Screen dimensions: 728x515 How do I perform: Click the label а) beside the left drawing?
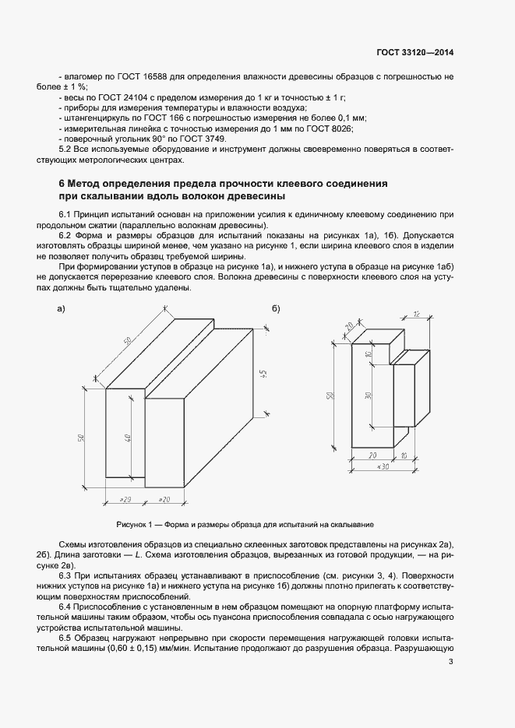[61, 309]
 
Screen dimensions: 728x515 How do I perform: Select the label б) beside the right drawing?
[275, 309]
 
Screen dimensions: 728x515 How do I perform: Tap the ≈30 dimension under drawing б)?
[383, 466]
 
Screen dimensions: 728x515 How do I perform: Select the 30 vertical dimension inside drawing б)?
[368, 395]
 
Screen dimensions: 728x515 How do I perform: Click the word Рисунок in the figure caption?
[132, 524]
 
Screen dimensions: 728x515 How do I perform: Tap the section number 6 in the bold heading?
[62, 183]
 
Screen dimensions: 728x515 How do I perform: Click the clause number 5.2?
[66, 149]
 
